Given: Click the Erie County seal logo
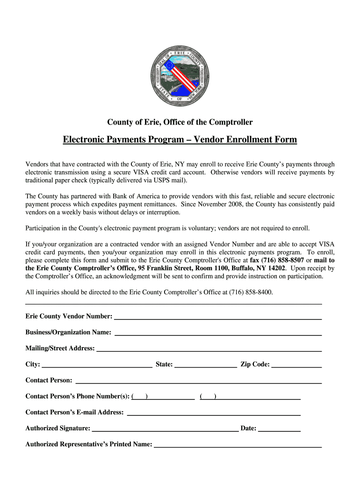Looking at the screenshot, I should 180,75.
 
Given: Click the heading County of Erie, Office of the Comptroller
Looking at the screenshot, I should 180,122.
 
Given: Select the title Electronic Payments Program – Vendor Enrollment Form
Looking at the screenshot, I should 180,140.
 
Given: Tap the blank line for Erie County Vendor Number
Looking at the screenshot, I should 218,316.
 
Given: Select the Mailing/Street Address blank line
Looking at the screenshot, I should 209,348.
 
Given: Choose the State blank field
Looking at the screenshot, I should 206,365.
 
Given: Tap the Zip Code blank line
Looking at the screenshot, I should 296,365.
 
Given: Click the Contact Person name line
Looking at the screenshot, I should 198,380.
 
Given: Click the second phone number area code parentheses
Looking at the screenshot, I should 208,397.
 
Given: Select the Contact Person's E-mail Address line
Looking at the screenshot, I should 214,413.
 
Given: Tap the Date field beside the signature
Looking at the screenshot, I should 279,428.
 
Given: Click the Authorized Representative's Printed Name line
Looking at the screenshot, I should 238,444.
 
